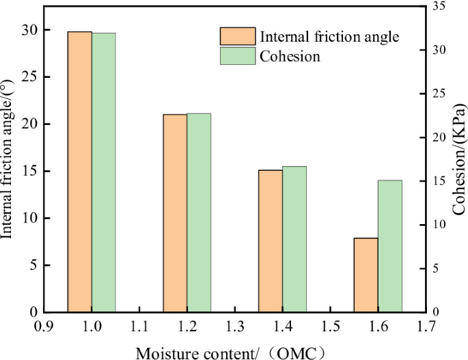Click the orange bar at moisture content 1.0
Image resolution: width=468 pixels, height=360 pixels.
(x=79, y=171)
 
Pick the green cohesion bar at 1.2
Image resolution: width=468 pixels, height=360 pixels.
(x=199, y=212)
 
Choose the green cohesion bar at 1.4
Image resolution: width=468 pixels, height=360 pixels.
(x=294, y=239)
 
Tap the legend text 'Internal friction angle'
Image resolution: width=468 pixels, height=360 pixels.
(x=329, y=36)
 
